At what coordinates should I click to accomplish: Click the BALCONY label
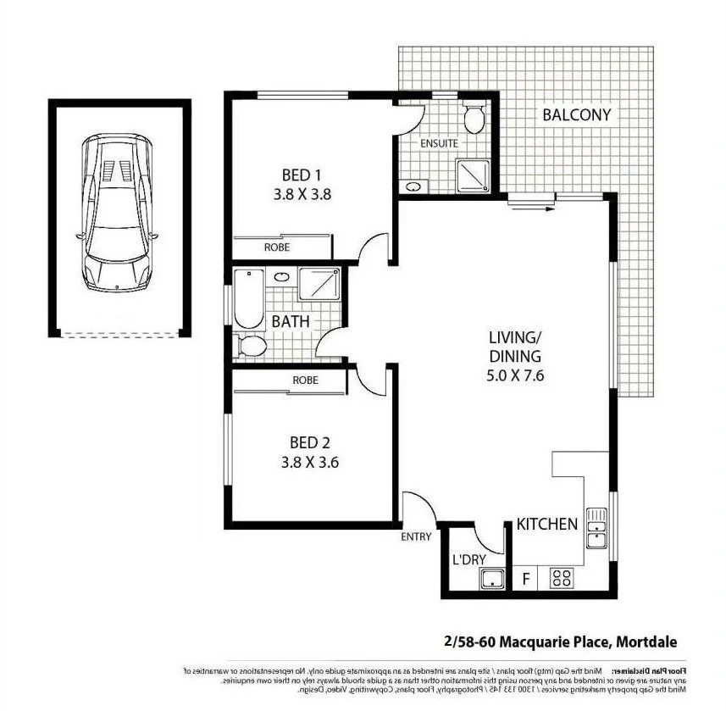576,115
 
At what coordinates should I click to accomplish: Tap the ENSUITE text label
439,144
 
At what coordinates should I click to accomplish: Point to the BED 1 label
302,175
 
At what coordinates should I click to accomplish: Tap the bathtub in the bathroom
248,297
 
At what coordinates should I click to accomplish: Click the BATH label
290,322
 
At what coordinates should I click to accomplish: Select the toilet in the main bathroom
251,345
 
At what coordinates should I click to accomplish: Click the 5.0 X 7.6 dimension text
514,374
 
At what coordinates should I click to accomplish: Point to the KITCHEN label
547,524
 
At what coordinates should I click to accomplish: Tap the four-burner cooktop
561,579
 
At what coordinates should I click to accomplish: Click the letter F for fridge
526,580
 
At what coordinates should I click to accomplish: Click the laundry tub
491,580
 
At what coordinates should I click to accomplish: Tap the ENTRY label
417,536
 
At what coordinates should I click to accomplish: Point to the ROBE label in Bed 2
305,380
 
